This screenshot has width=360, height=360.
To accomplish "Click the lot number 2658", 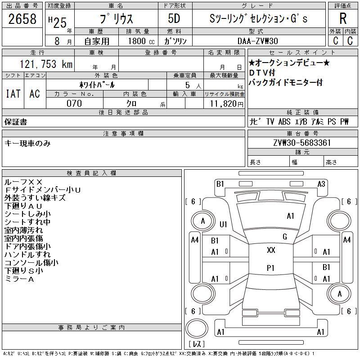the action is pos(22,19).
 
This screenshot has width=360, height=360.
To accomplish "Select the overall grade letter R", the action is pos(343,18).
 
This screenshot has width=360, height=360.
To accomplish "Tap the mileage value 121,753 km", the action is pos(46,64).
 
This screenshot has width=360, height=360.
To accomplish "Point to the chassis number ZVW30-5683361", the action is pos(302,143).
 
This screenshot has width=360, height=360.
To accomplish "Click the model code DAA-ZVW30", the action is pos(258,41).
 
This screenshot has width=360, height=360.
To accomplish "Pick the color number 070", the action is pos(74,103).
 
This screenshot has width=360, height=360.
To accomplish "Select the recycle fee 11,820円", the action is pos(226,103).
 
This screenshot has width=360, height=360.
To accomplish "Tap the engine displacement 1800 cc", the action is pos(141,41).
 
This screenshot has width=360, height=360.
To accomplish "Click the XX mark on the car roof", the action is pos(271,250).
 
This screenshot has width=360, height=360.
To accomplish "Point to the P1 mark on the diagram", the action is pos(270,268).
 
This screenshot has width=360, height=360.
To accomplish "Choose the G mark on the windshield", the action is pos(285,237).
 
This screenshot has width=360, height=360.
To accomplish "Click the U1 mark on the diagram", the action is pos(223,224).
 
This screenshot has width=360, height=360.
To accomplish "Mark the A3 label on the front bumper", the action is pos(321,184).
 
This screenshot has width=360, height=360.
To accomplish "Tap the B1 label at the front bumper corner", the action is pos(220,184).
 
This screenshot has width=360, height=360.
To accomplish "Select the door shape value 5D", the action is pos(174,18).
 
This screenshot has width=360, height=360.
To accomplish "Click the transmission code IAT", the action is pos(13,94).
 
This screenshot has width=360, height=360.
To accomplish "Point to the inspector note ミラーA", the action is pos(19,279).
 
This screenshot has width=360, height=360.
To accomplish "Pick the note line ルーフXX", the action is pos(23,182).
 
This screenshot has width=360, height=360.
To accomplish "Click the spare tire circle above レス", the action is pos(197,328).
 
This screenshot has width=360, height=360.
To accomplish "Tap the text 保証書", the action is pos(16,122).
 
